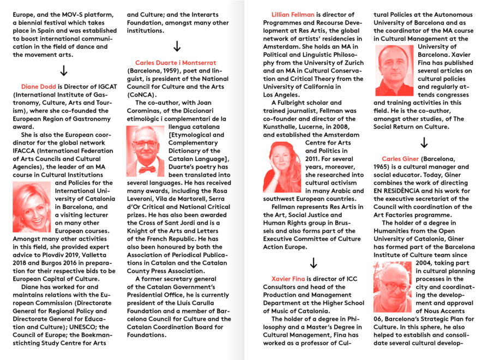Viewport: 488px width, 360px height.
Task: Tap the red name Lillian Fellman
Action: tap(293, 14)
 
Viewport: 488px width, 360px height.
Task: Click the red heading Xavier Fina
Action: tap(288, 279)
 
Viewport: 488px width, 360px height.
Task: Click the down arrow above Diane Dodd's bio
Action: tap(63, 70)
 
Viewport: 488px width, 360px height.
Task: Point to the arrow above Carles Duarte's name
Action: tap(177, 46)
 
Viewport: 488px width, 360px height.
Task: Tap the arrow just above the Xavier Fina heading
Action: tap(313, 262)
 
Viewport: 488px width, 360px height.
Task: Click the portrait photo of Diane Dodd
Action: tap(32, 207)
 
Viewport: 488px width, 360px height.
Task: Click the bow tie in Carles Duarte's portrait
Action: tap(146, 162)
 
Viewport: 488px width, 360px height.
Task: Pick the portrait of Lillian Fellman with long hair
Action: tap(282, 167)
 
